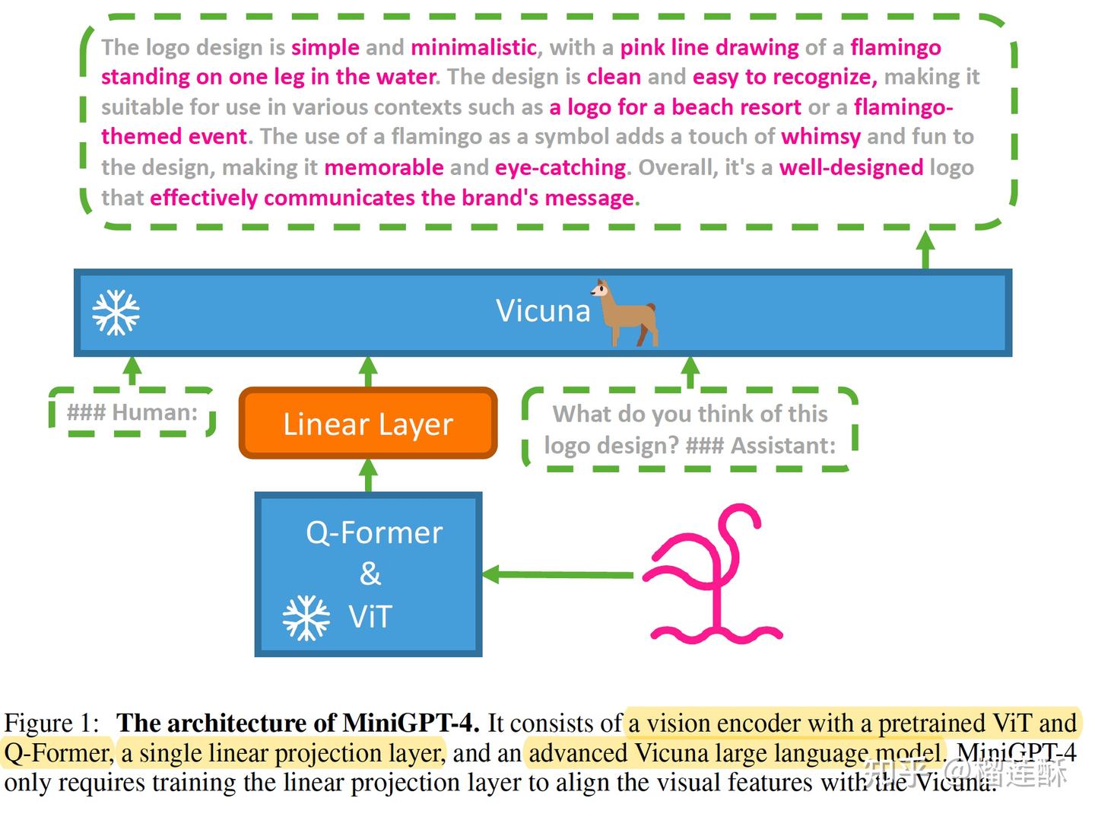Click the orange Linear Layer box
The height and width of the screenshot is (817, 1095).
[368, 424]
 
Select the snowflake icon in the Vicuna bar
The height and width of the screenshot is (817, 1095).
[116, 312]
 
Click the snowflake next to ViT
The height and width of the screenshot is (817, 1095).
[306, 618]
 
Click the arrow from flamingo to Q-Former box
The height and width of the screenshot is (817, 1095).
[559, 574]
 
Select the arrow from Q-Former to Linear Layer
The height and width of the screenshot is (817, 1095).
[369, 475]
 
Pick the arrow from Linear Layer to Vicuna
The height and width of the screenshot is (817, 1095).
[369, 371]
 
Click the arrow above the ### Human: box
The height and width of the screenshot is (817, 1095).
[132, 371]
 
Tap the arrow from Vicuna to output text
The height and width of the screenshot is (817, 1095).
[925, 249]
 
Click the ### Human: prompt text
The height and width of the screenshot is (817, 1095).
[132, 412]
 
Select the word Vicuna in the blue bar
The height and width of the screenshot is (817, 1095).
[543, 310]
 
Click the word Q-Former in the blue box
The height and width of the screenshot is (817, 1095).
[374, 532]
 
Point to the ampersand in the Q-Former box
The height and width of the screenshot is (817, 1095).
[370, 574]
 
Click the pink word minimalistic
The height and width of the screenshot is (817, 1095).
[474, 47]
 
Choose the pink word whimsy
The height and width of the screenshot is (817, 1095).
[820, 137]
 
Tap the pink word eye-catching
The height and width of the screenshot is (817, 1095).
[560, 167]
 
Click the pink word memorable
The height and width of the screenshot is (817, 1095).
[384, 167]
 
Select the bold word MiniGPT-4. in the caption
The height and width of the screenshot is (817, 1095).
[411, 723]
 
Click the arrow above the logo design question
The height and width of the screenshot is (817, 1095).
[690, 372]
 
